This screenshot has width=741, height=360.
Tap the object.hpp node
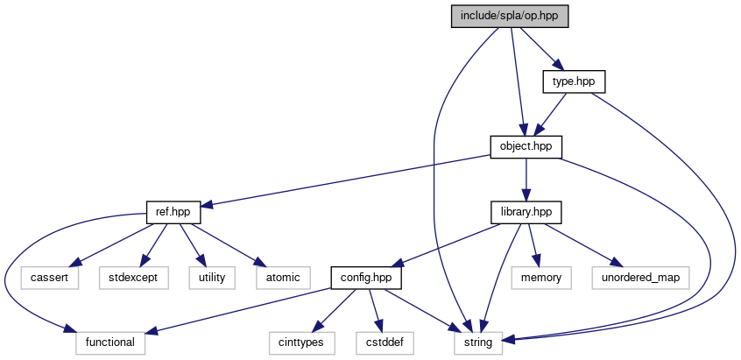click(x=526, y=146)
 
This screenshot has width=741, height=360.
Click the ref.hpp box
click(x=173, y=212)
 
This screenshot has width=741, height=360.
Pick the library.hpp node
click(x=526, y=212)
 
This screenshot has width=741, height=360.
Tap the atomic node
click(x=279, y=278)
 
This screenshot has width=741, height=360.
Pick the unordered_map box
click(x=640, y=278)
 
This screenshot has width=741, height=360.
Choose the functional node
click(x=110, y=342)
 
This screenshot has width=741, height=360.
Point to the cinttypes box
click(x=301, y=342)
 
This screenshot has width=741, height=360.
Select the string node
click(x=478, y=342)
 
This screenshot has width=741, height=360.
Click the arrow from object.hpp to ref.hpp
click(x=350, y=179)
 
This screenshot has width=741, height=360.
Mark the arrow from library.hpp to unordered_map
click(x=582, y=244)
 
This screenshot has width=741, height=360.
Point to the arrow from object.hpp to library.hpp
click(x=526, y=180)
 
